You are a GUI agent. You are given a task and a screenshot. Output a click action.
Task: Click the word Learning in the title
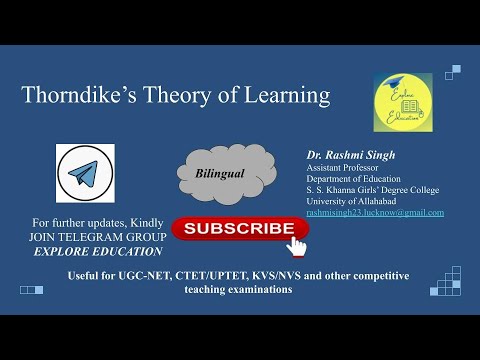coord(287,96)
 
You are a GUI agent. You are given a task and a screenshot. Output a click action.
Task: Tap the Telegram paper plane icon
coord(85,173)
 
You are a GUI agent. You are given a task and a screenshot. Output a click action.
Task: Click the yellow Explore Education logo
coord(403,101)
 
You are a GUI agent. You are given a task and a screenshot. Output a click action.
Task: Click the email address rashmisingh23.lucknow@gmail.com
coord(374,213)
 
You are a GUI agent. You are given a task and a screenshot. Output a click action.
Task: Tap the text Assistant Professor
coord(343,168)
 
